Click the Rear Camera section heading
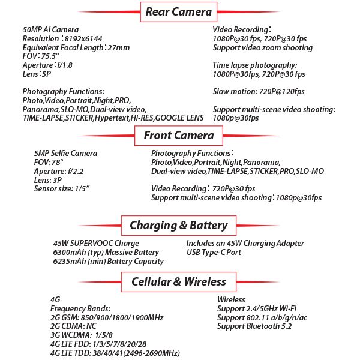pyautogui.click(x=179, y=11)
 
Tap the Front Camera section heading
pyautogui.click(x=179, y=136)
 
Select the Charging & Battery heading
pyautogui.click(x=179, y=226)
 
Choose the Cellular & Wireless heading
pyautogui.click(x=179, y=281)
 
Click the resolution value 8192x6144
pyautogui.click(x=86, y=37)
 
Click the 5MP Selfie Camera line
pyautogui.click(x=65, y=154)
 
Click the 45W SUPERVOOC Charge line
pyautogui.click(x=96, y=244)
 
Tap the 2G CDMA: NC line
pyautogui.click(x=71, y=326)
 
